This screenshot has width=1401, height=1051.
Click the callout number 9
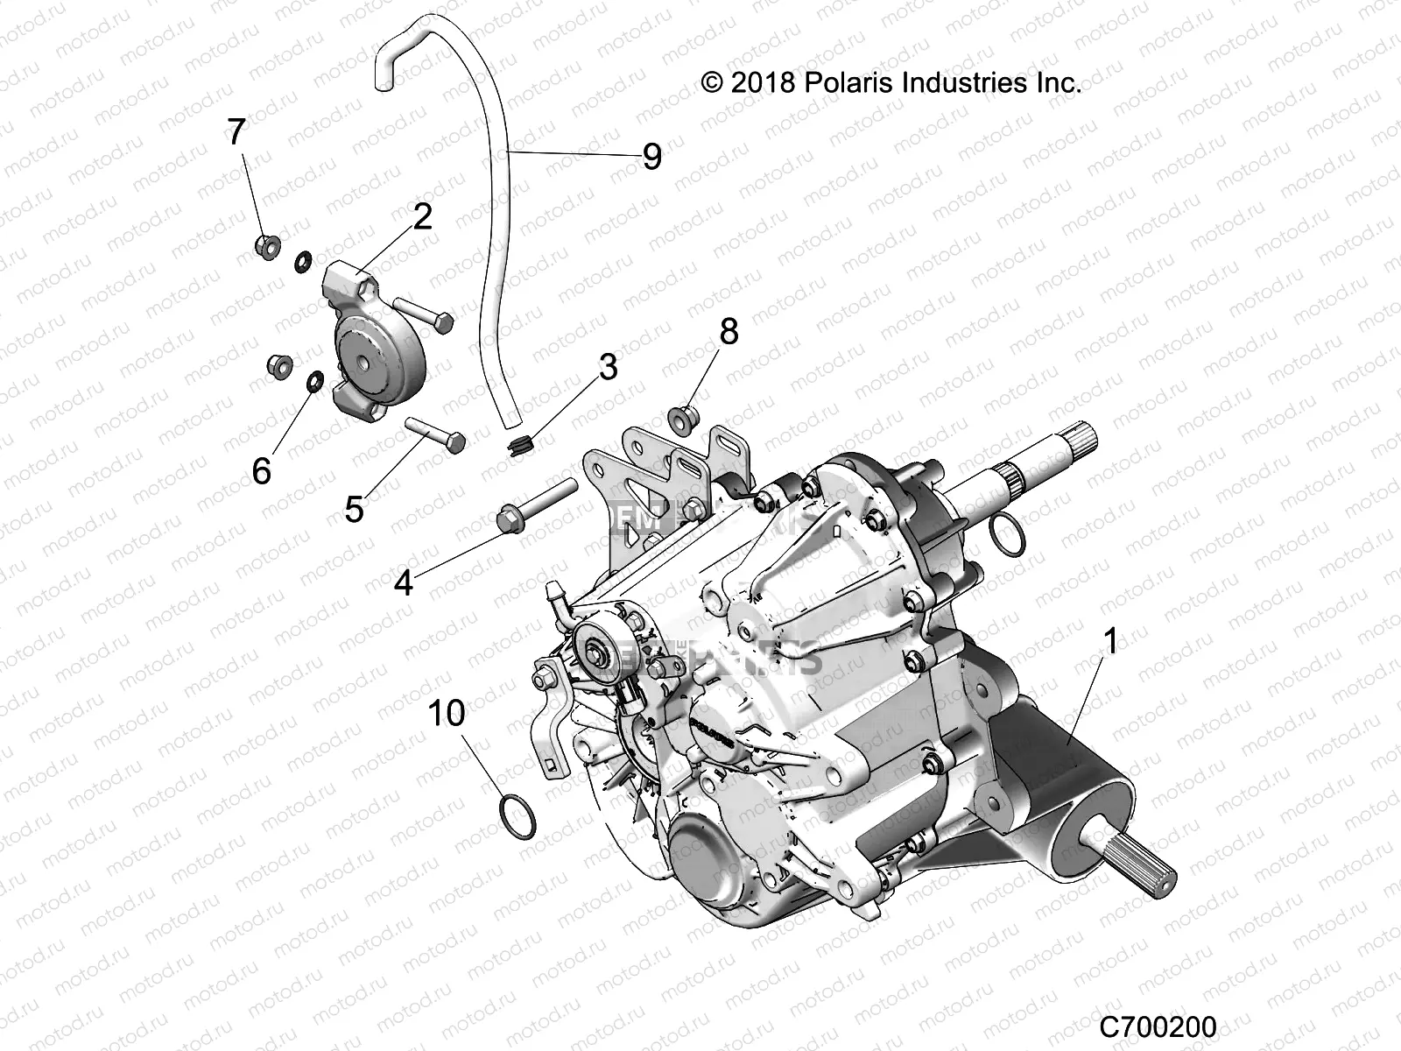tap(676, 157)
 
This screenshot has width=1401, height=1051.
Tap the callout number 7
tap(236, 132)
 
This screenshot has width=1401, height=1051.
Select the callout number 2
tap(422, 215)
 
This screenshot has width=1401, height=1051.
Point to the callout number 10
tap(447, 713)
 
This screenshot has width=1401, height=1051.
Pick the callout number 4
tap(403, 582)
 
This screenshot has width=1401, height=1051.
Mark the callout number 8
tap(729, 332)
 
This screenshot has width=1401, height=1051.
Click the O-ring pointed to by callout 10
tap(517, 811)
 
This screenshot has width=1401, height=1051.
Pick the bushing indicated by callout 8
tap(684, 420)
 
